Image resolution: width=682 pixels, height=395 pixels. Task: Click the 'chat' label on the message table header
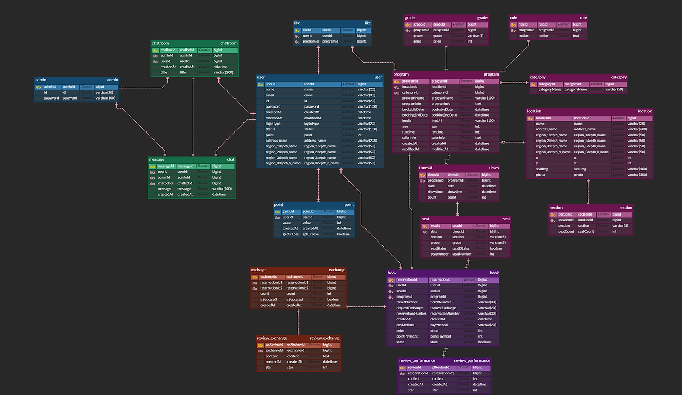230,159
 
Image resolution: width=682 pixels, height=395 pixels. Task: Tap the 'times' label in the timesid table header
493,168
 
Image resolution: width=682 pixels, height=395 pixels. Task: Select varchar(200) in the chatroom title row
223,72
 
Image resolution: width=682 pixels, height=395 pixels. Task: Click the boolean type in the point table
343,234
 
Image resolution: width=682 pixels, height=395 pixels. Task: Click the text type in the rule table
576,36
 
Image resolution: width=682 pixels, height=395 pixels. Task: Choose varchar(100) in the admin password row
105,98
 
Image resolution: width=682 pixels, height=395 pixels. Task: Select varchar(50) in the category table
614,89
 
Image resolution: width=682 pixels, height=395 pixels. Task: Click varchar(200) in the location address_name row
637,129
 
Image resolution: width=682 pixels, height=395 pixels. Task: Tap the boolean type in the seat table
496,248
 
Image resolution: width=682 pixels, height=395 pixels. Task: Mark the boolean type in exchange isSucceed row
333,299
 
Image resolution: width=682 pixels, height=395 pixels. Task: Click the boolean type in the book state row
484,342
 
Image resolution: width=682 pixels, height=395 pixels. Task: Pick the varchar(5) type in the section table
618,226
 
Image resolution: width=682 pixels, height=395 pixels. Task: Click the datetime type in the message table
218,194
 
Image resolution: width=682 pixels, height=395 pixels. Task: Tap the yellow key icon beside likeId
297,30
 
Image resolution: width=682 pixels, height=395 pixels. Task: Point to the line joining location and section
588,192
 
